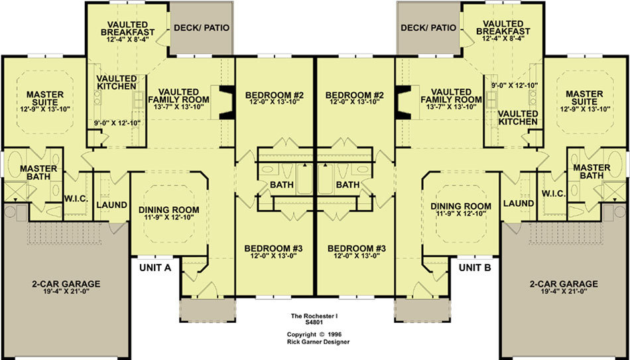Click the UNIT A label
point(155,268)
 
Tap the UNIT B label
point(475,268)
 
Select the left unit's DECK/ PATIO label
point(202,28)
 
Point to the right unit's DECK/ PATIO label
point(428,28)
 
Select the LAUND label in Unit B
point(519,204)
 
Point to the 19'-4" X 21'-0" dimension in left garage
point(66,291)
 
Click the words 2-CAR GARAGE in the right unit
point(563,284)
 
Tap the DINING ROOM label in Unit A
point(168,210)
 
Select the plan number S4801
point(314,322)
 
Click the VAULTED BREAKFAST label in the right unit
point(506,27)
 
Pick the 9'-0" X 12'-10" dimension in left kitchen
point(115,123)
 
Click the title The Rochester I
point(314,316)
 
